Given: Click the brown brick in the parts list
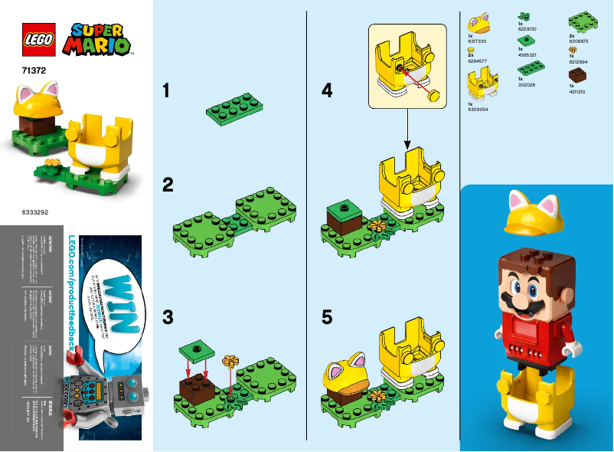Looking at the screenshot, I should click(x=578, y=75).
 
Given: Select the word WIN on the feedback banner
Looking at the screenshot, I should click(x=115, y=298).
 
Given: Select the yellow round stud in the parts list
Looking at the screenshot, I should click(x=472, y=49).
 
